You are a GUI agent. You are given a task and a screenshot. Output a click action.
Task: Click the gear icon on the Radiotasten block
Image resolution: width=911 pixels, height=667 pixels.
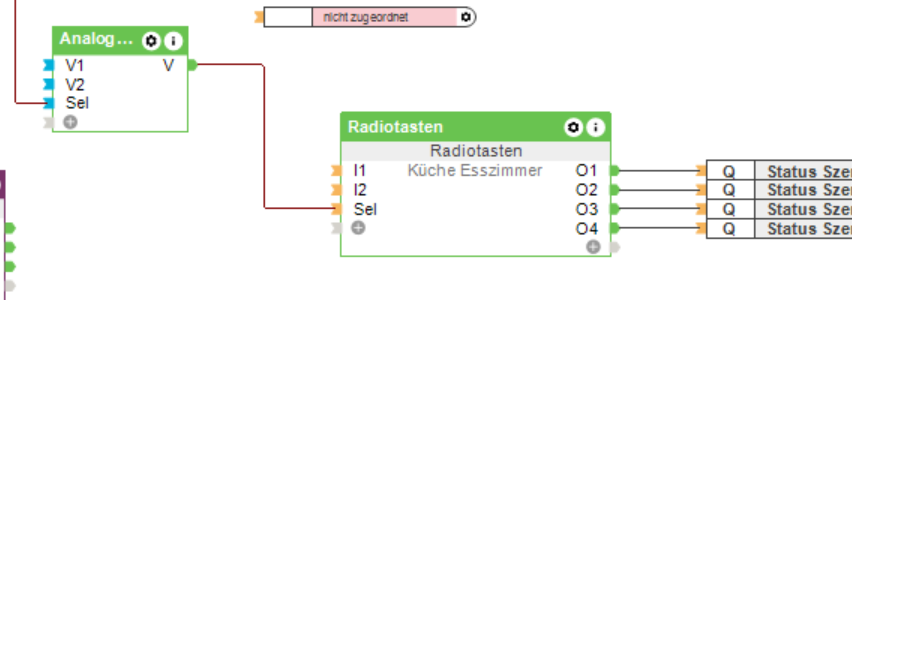tap(573, 127)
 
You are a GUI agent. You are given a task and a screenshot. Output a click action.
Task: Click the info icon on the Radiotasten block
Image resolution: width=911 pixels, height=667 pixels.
tap(596, 127)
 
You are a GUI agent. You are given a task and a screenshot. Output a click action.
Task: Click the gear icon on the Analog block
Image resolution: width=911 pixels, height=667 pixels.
tap(151, 41)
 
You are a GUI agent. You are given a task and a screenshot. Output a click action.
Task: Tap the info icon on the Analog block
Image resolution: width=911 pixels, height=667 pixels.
tap(174, 41)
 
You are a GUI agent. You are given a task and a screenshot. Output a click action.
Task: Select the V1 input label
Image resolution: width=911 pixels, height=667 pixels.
tap(75, 65)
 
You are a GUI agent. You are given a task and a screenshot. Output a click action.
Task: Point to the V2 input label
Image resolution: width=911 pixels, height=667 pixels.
tap(75, 84)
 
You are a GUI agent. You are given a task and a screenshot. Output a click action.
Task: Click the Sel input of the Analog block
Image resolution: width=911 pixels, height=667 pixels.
tap(77, 103)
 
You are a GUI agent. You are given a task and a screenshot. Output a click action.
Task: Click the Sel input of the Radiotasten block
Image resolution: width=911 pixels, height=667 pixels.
tap(365, 209)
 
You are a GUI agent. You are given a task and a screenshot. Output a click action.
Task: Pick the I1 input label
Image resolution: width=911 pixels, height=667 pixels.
tap(360, 171)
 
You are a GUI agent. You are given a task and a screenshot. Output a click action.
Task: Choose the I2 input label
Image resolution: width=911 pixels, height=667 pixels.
tap(360, 190)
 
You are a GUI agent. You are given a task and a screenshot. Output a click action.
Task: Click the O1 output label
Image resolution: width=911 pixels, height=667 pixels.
tap(586, 171)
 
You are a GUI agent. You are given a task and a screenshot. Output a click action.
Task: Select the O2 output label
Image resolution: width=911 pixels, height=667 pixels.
tap(586, 190)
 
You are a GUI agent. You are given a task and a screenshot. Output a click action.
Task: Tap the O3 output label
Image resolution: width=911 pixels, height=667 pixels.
tap(586, 209)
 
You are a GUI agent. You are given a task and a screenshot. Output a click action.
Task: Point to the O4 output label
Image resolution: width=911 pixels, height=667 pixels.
tap(586, 229)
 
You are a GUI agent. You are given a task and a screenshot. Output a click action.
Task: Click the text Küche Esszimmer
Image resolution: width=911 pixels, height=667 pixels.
tap(475, 171)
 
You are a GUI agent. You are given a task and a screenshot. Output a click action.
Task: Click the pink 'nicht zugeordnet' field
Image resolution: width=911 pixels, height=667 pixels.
tap(384, 17)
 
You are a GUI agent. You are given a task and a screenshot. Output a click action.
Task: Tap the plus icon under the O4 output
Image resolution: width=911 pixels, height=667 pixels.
tap(593, 247)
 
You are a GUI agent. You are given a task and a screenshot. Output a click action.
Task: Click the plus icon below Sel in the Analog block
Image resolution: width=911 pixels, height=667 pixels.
tap(70, 122)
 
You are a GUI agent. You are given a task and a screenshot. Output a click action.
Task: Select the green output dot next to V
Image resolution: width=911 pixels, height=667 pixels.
tap(193, 65)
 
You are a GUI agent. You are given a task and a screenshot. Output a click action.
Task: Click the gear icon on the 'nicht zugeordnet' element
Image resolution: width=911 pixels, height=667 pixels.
tap(466, 17)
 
